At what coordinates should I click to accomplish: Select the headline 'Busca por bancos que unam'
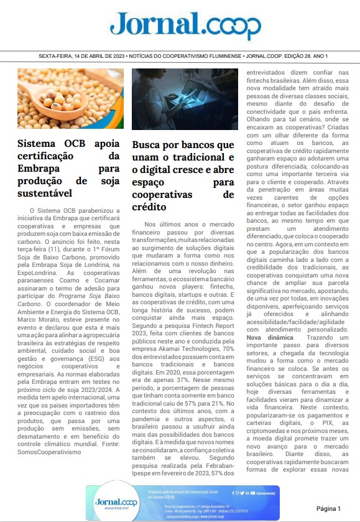pos(183,145)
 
